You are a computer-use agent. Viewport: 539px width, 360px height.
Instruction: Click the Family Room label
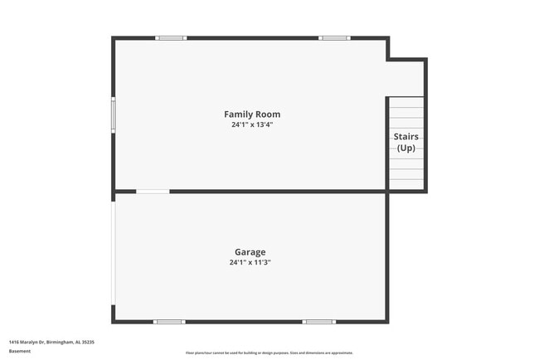pyautogui.click(x=252, y=114)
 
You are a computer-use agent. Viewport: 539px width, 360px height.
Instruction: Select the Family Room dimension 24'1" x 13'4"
pyautogui.click(x=252, y=125)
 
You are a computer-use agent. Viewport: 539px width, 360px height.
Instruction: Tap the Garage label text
pyautogui.click(x=250, y=251)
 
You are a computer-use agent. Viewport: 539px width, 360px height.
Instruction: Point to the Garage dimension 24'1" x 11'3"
pyautogui.click(x=250, y=263)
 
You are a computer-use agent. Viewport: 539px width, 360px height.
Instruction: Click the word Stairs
pyautogui.click(x=405, y=136)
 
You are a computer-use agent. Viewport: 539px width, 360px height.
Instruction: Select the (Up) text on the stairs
pyautogui.click(x=405, y=148)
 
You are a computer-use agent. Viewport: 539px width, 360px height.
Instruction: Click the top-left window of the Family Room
pyautogui.click(x=171, y=37)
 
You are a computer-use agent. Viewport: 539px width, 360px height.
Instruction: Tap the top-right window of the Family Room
pyautogui.click(x=334, y=37)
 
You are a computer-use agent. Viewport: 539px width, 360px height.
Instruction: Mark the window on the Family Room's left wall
pyautogui.click(x=114, y=114)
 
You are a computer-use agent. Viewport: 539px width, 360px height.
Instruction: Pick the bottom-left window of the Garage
pyautogui.click(x=169, y=321)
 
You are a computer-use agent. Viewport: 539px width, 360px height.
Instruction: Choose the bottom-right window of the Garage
pyautogui.click(x=318, y=321)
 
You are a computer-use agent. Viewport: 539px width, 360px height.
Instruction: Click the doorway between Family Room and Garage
pyautogui.click(x=153, y=192)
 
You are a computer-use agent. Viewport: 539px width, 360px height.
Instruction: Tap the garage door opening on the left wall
pyautogui.click(x=114, y=252)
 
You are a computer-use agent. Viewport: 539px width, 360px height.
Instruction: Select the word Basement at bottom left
pyautogui.click(x=20, y=351)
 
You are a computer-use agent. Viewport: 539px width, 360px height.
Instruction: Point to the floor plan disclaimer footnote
pyautogui.click(x=269, y=353)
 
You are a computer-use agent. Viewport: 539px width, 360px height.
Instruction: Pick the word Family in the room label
pyautogui.click(x=239, y=114)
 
